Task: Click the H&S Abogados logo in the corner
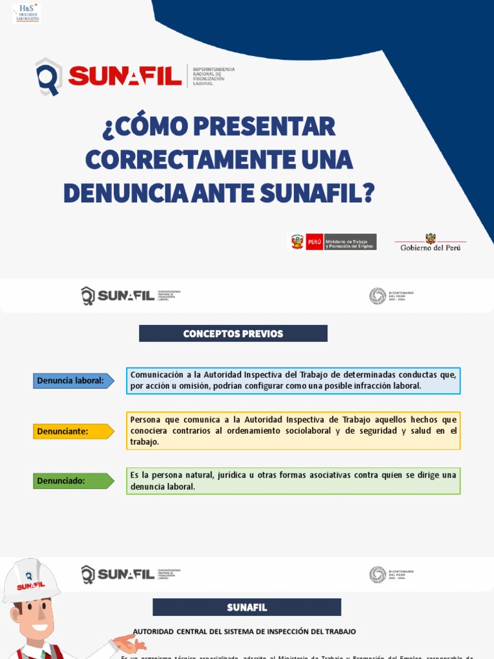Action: [26, 12]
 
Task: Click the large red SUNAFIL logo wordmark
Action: [125, 77]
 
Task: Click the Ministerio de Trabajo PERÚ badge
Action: [332, 242]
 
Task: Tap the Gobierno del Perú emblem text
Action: [430, 247]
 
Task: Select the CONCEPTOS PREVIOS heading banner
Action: [233, 333]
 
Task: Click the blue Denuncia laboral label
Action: [73, 381]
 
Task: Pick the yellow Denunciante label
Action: [73, 431]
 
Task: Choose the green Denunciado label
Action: [73, 481]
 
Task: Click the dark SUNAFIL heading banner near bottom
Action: [246, 608]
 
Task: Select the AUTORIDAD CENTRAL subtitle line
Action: [244, 632]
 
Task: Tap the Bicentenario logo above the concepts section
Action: [391, 296]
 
